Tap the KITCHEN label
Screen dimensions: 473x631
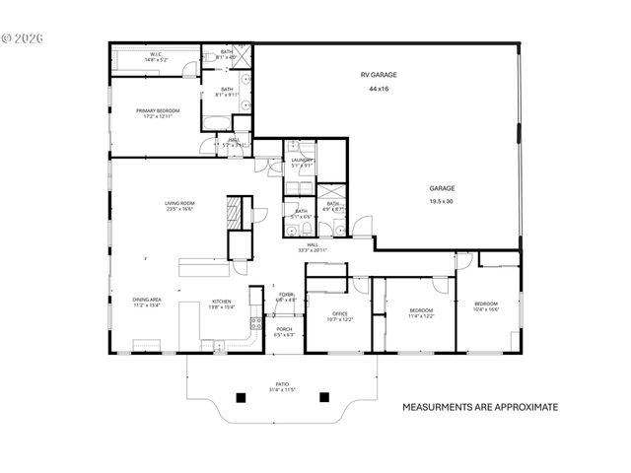click(x=222, y=303)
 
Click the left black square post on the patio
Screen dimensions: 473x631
click(x=239, y=397)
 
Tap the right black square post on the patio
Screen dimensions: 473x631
click(x=323, y=397)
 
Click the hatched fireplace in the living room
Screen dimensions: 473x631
click(x=234, y=212)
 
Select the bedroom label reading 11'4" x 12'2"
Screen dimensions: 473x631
click(x=422, y=314)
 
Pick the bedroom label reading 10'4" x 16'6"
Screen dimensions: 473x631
click(x=486, y=305)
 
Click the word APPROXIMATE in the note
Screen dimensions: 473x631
click(x=522, y=406)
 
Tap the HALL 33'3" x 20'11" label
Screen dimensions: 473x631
click(x=313, y=247)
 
